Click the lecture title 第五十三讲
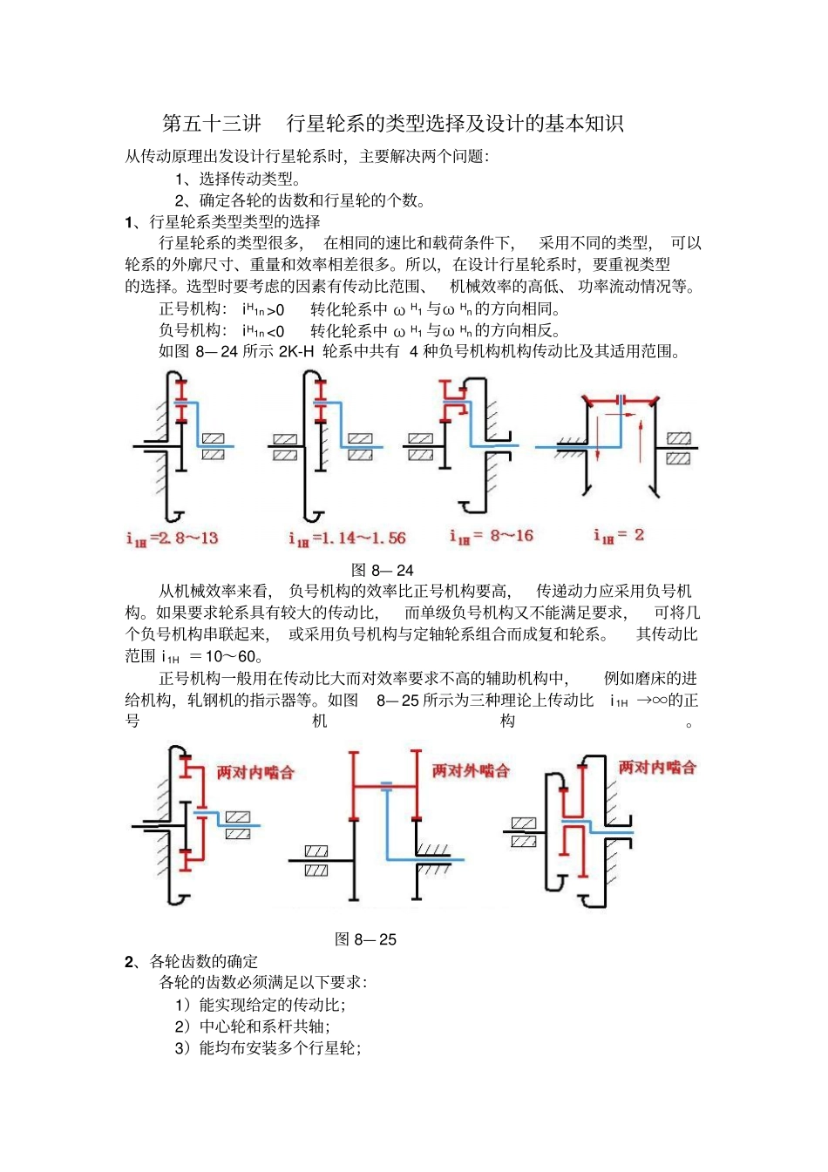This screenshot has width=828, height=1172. (212, 124)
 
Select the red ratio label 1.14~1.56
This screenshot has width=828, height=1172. (347, 539)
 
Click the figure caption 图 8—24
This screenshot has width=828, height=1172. (382, 571)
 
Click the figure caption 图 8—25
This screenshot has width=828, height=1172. (365, 939)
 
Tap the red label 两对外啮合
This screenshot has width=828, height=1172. (471, 770)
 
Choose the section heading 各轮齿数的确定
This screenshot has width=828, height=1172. (203, 961)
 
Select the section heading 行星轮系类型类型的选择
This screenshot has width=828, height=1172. (234, 222)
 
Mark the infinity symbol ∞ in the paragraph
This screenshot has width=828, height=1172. (659, 700)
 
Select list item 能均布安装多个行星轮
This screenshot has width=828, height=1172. (279, 1047)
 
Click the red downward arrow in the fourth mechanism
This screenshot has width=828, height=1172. (598, 439)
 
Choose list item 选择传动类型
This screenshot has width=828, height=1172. (248, 180)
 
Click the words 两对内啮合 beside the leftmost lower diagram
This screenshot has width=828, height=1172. (255, 772)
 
